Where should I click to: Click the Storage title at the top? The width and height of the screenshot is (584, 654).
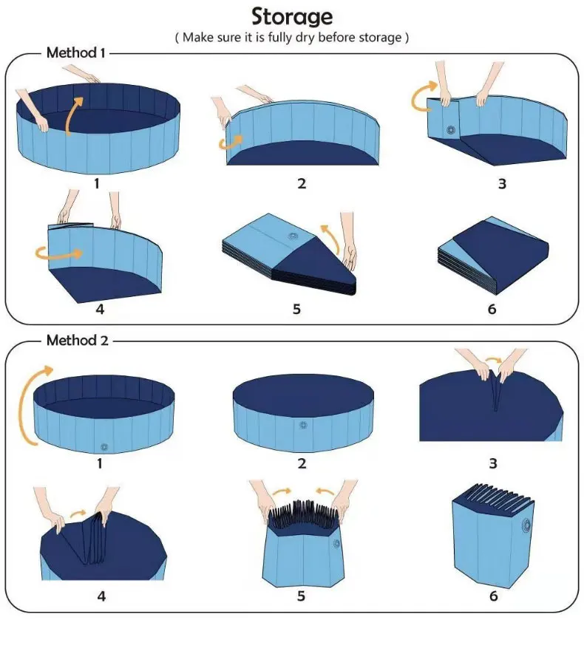pos(291,16)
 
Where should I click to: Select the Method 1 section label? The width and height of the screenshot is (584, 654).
pos(76,52)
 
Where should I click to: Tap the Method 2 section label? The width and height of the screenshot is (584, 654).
pos(76,341)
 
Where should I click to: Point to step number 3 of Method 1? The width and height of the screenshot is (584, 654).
pos(502,183)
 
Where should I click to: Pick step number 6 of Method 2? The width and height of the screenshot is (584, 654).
pos(493,596)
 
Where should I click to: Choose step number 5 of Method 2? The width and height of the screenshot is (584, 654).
pos(301,596)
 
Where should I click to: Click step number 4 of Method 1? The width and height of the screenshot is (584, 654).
pos(100,309)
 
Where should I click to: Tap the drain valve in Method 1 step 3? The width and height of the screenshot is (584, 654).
pos(451,130)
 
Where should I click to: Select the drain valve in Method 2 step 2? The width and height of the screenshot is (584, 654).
pos(303,425)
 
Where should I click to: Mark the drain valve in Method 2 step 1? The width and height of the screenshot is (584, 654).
pos(104,446)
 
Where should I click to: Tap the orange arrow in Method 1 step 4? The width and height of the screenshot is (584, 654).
pos(59,253)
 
